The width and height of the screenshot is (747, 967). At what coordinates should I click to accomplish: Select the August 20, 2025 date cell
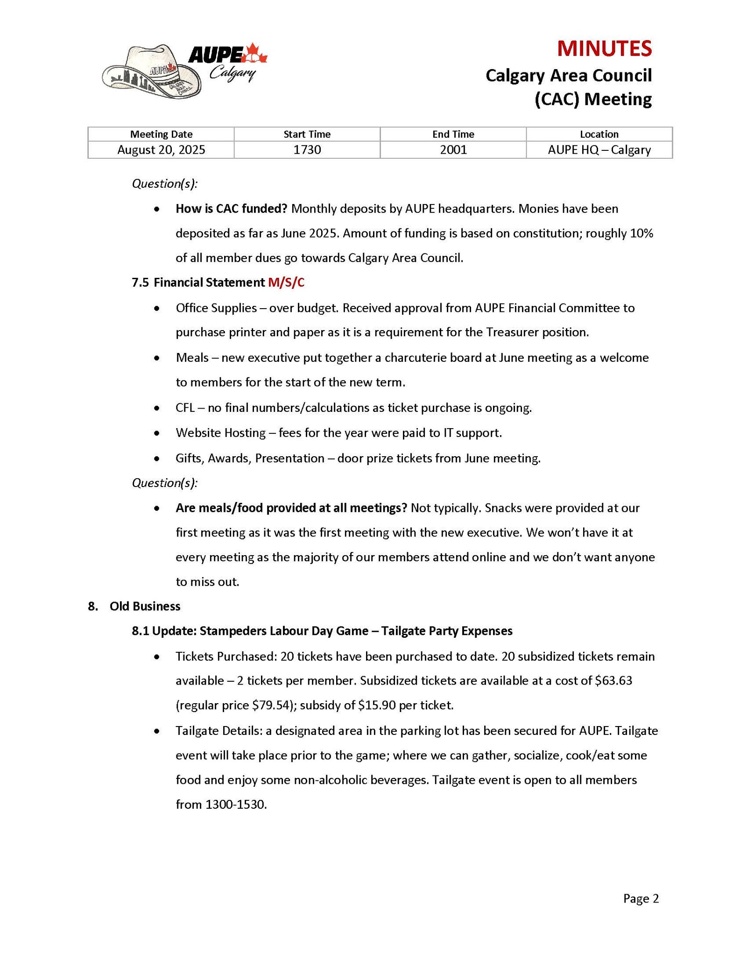click(161, 150)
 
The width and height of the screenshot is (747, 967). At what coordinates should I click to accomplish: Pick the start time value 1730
click(307, 150)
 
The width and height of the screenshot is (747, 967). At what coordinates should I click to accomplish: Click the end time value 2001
click(453, 150)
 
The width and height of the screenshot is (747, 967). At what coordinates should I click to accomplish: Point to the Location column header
click(599, 134)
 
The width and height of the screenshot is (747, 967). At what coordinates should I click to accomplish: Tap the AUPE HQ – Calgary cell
click(599, 150)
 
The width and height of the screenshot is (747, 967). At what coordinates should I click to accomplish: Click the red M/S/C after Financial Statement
click(286, 282)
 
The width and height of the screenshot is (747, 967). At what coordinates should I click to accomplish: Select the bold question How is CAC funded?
click(231, 209)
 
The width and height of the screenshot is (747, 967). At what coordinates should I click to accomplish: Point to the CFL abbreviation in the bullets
click(185, 408)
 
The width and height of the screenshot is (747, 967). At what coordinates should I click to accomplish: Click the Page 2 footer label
click(641, 899)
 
